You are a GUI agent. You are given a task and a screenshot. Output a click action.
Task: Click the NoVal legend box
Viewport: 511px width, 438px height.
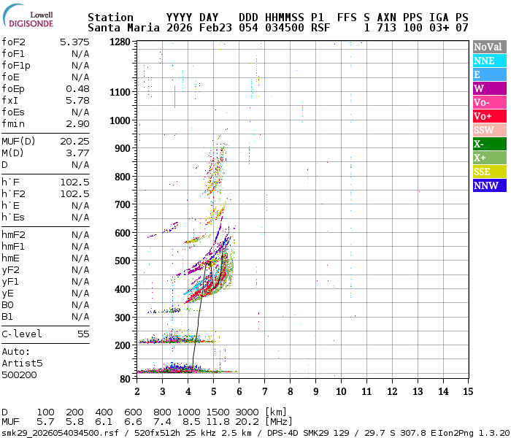(488, 47)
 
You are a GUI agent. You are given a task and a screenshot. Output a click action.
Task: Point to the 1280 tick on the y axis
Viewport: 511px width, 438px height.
(120, 42)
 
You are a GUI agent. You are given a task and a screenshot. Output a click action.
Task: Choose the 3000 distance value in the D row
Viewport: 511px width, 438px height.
(248, 412)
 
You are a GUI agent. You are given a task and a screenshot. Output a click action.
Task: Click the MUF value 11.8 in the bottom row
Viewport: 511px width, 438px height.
(220, 422)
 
